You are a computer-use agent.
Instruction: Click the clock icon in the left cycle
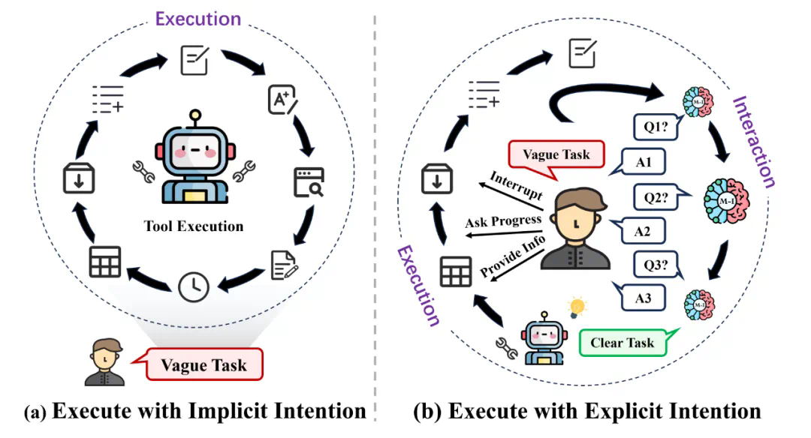(194, 286)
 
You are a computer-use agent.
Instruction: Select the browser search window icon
(308, 181)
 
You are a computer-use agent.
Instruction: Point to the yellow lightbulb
(577, 307)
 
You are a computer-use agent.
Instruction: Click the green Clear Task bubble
(622, 343)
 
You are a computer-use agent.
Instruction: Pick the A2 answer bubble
(641, 230)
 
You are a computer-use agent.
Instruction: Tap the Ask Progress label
(502, 222)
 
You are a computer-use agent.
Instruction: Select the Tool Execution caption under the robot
(194, 226)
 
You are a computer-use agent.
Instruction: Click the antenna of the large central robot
(194, 118)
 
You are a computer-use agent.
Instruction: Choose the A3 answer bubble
(642, 298)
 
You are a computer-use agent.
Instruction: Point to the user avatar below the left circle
(104, 361)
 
